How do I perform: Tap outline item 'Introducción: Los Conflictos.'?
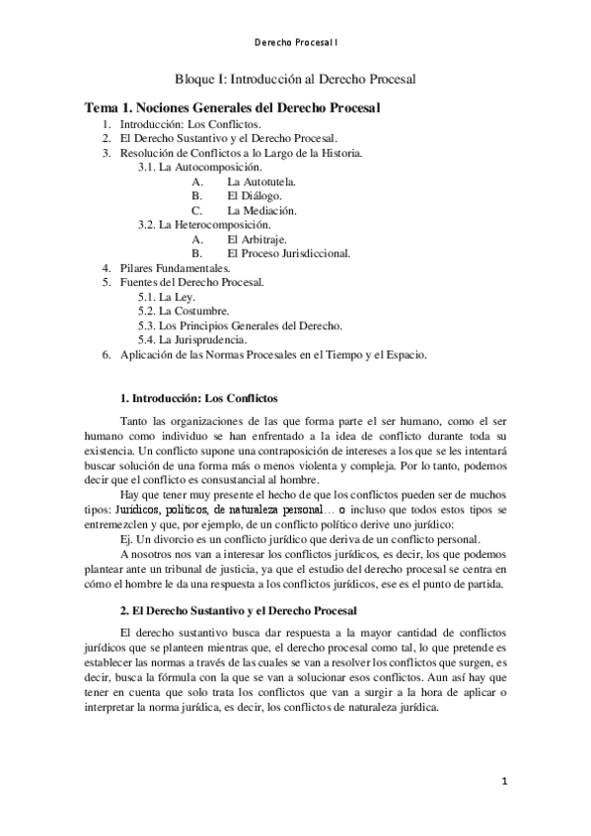(189, 126)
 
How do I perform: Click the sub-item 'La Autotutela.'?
(261, 182)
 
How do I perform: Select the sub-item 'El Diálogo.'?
(254, 196)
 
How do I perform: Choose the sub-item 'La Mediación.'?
(261, 211)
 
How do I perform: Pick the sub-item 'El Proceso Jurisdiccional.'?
(288, 253)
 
